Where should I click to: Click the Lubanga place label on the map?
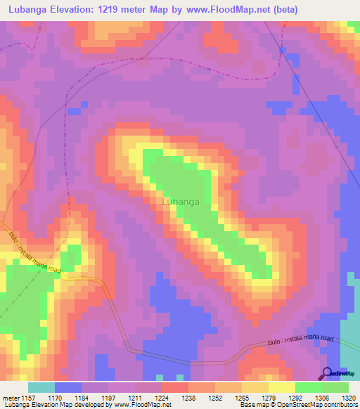[x=181, y=202]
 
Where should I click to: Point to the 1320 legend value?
[x=347, y=398]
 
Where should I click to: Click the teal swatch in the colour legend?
[x=41, y=387]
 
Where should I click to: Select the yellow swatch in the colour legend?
[x=281, y=387]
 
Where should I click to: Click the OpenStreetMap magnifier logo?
[x=327, y=373]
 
